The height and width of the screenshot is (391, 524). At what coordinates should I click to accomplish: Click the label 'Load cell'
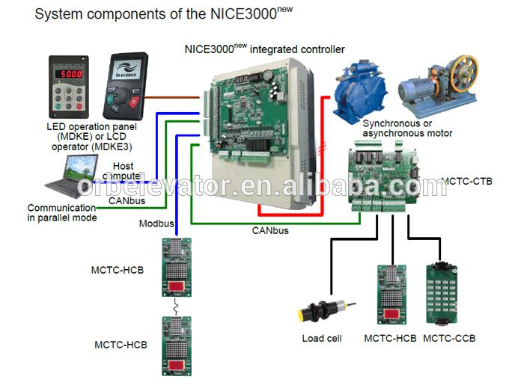click(322, 339)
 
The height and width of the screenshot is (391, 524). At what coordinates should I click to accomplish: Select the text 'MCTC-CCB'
click(449, 339)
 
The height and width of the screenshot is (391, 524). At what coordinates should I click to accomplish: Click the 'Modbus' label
click(156, 224)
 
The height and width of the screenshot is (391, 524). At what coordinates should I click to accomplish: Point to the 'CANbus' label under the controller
click(270, 231)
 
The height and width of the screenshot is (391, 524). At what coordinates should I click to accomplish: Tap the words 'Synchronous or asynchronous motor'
click(407, 129)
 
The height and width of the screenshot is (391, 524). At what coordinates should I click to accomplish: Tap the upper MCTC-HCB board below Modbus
click(177, 268)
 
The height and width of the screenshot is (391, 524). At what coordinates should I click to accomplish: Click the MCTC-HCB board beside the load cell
click(389, 295)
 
